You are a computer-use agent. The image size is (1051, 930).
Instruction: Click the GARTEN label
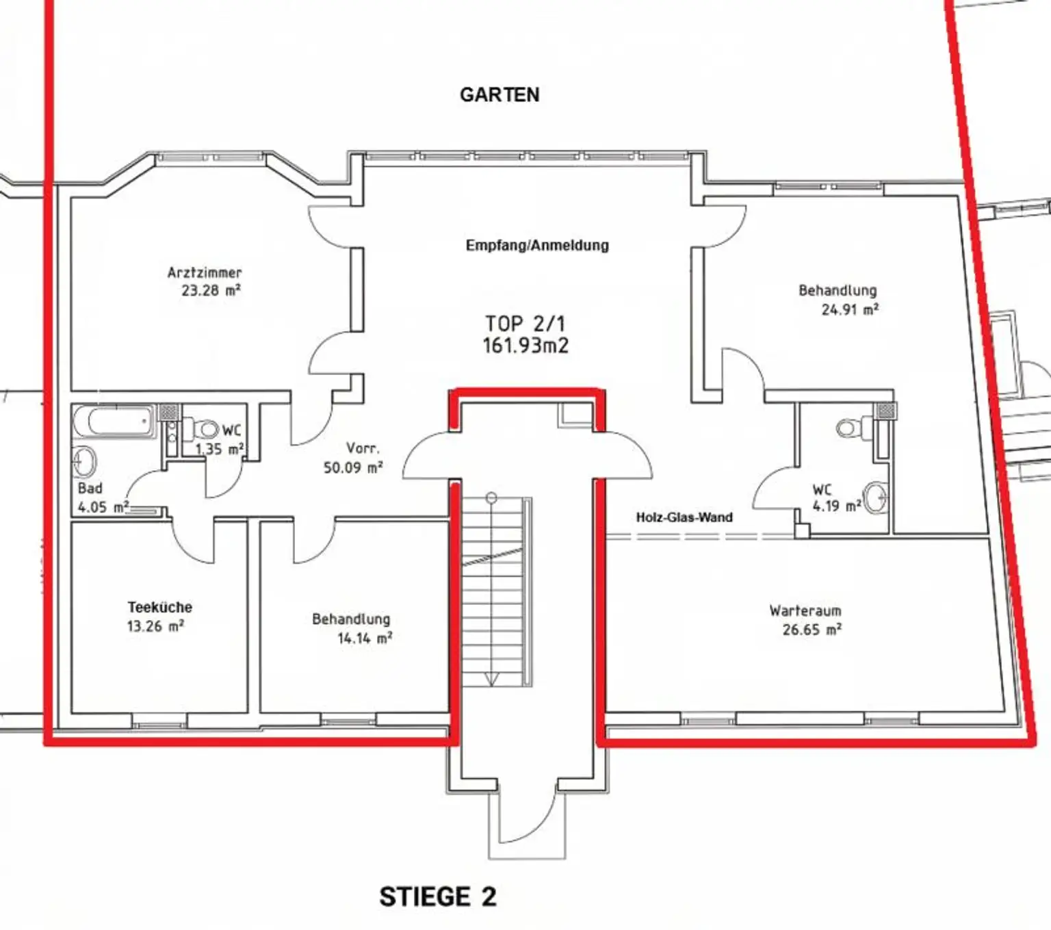point(499,94)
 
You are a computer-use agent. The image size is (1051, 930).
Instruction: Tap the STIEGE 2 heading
point(438,896)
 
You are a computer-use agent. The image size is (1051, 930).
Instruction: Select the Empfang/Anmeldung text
point(537,245)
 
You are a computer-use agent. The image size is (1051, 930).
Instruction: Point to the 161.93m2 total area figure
point(525,346)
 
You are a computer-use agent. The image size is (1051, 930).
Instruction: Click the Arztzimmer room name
point(205,272)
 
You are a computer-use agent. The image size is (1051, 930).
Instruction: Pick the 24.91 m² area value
point(850,310)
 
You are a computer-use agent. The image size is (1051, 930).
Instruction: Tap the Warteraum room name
point(805,611)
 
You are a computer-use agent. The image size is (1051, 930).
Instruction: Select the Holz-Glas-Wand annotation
point(684,517)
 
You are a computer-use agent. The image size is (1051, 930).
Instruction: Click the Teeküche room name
point(160,607)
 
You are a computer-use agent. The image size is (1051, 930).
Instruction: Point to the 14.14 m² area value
point(365,638)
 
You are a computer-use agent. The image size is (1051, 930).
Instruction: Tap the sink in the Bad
point(85,461)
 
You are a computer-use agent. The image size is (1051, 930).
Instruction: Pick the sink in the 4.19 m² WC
point(877,497)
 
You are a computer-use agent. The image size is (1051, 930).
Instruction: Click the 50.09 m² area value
point(353,467)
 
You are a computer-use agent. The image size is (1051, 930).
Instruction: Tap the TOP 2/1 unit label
point(525,324)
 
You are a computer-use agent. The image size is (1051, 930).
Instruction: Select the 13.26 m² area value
point(155,626)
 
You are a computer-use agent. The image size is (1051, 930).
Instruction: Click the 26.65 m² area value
point(812,630)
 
